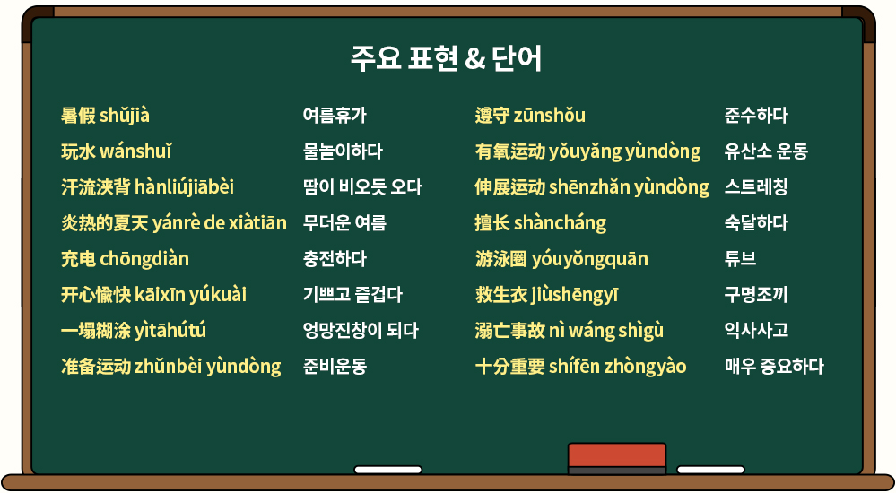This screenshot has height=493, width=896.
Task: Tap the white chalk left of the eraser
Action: [x=388, y=470]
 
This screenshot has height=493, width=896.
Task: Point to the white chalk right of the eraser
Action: [x=710, y=470]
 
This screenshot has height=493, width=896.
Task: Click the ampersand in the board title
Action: [x=474, y=59]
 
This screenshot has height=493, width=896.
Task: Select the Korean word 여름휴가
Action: [x=335, y=116]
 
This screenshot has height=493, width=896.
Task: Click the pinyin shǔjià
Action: [x=125, y=116]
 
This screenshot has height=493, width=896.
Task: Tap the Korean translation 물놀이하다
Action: [x=343, y=152]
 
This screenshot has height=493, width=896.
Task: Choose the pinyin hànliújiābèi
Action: [x=184, y=187]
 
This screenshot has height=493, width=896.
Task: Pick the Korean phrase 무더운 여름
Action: [x=344, y=223]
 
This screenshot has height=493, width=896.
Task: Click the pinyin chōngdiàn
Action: [x=144, y=259]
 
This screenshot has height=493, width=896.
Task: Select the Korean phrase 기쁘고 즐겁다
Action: [x=352, y=295]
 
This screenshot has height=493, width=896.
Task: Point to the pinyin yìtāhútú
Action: [x=170, y=331]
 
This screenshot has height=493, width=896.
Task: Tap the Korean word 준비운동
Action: [x=335, y=367]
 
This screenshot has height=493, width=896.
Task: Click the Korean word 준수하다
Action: [x=756, y=116]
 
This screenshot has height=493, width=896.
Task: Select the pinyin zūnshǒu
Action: [x=550, y=116]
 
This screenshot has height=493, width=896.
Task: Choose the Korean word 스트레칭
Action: [x=756, y=187]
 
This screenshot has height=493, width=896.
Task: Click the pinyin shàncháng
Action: [x=560, y=223]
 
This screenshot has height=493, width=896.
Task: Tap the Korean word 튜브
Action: [x=740, y=259]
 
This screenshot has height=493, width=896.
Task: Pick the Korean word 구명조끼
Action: [x=756, y=295]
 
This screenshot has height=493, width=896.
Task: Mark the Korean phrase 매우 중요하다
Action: [x=774, y=367]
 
